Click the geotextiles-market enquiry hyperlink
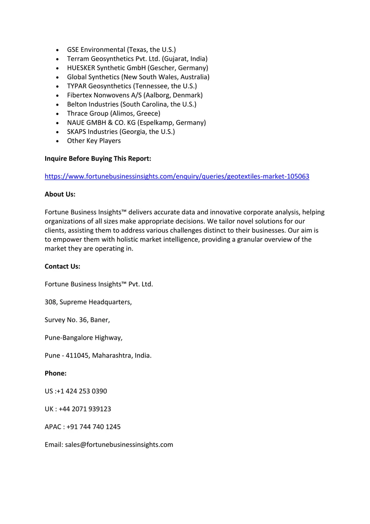point(177,176)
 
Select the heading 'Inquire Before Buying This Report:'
point(98,159)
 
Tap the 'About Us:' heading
point(60,194)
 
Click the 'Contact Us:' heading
point(63,266)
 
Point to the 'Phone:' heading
point(56,373)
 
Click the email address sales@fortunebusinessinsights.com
point(119,444)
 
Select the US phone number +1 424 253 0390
point(82,391)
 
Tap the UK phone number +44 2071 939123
point(85,409)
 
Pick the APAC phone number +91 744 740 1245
point(94,427)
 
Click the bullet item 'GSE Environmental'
point(96,50)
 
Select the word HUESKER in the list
point(81,68)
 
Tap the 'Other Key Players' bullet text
point(94,141)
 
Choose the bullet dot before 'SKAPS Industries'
point(57,132)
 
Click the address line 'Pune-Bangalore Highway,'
point(83,338)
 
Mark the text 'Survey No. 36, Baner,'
point(77,320)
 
